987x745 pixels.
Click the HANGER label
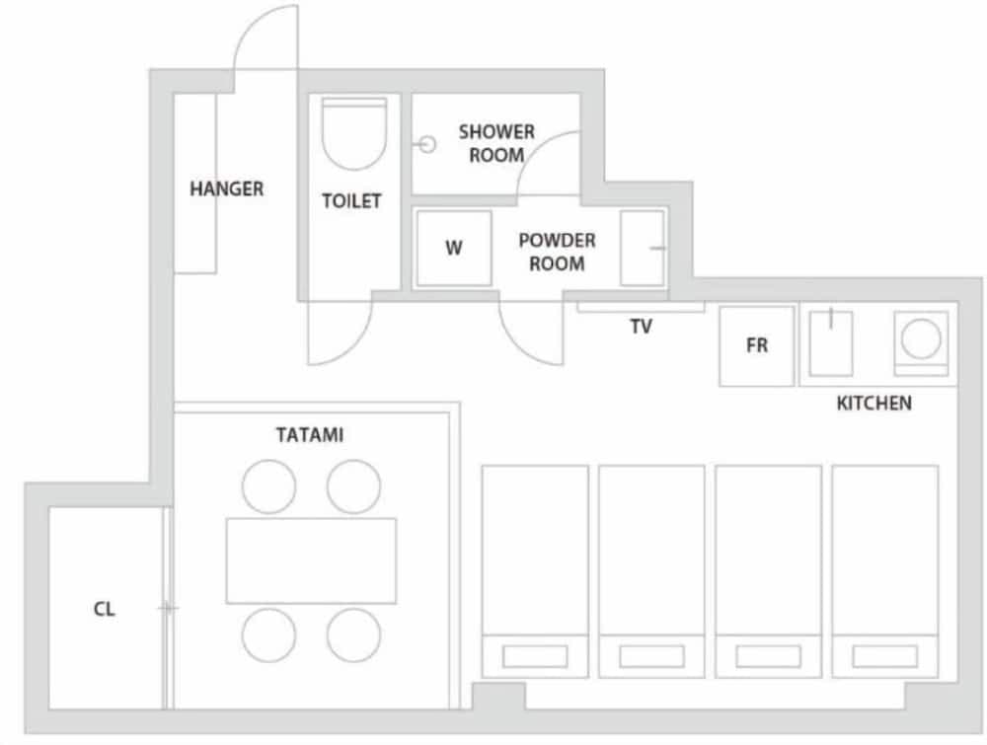pos(226,188)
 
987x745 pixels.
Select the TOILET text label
pos(351,201)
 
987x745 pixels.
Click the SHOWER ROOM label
pos(495,143)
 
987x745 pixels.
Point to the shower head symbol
pos(426,144)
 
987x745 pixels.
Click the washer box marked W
pos(453,249)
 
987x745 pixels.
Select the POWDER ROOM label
pos(557,252)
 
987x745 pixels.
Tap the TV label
pos(641,327)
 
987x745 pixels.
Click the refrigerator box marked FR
pos(757,346)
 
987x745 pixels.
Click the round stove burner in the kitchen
pos(922,341)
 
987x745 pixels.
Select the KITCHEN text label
pos(873,403)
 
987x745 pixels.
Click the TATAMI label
pos(310,434)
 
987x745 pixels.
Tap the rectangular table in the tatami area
pos(311,559)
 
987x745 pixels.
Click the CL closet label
pos(105,609)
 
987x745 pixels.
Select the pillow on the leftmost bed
pos(534,655)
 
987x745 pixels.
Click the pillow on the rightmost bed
pos(884,655)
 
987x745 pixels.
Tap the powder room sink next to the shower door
pos(643,249)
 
